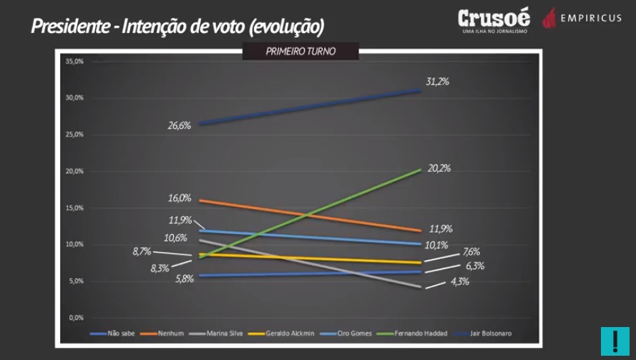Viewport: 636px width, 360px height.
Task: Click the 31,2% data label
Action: pyautogui.click(x=437, y=82)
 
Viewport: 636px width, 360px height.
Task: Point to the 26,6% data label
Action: pyautogui.click(x=180, y=125)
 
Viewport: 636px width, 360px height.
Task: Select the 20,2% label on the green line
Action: pyautogui.click(x=439, y=168)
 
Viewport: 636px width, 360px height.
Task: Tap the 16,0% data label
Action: pyautogui.click(x=180, y=198)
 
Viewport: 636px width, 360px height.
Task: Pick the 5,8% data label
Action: pyautogui.click(x=184, y=278)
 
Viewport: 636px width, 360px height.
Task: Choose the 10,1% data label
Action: pyautogui.click(x=437, y=245)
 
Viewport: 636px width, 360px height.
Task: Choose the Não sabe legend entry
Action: pyautogui.click(x=114, y=334)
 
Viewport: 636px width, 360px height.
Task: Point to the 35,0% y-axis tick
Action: pyautogui.click(x=74, y=62)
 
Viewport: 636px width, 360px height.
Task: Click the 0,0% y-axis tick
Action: pyautogui.click(x=77, y=317)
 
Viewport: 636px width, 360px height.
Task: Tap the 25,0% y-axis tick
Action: pyautogui.click(x=74, y=135)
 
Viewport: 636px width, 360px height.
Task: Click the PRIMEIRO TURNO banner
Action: pyautogui.click(x=300, y=52)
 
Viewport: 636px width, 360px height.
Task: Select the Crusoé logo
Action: pyautogui.click(x=494, y=19)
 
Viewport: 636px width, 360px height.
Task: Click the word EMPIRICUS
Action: pyautogui.click(x=591, y=18)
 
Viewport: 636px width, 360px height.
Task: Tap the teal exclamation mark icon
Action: pyautogui.click(x=615, y=341)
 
